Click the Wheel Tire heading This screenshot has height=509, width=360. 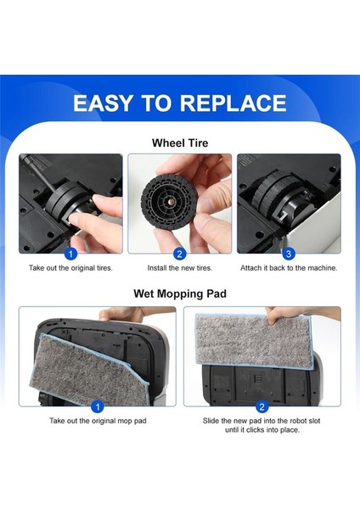point(179,143)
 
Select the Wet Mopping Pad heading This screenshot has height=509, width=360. point(179,294)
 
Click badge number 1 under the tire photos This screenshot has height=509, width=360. point(71,253)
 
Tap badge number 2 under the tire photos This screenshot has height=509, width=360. point(179,253)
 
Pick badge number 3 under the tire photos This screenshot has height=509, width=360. point(288,253)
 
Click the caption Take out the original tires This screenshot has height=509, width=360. point(71,268)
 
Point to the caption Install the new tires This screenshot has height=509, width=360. point(179,268)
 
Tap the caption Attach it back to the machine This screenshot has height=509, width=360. point(288,268)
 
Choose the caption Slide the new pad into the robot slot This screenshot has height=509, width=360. point(261,421)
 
